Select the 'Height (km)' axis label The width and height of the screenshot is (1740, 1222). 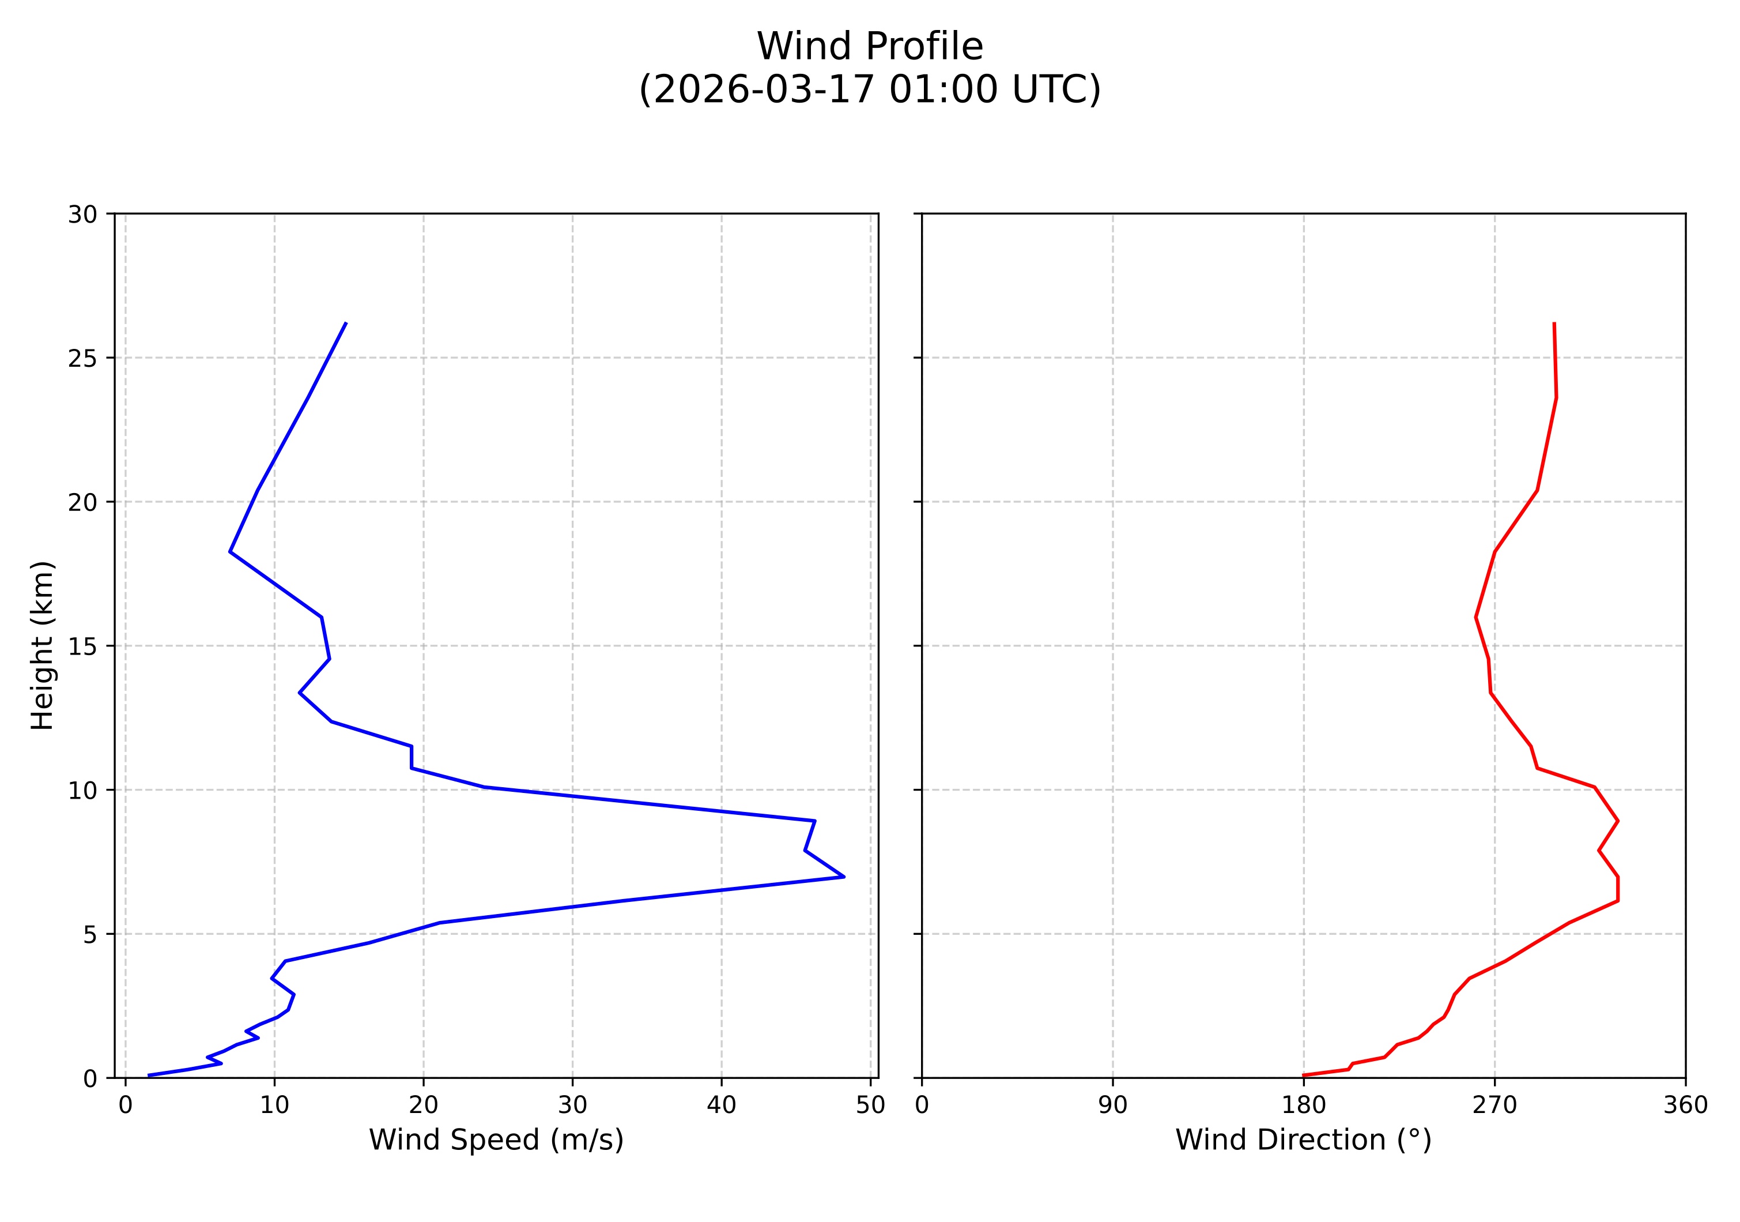pyautogui.click(x=43, y=645)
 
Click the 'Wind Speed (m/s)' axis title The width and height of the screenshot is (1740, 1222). pyautogui.click(x=496, y=1140)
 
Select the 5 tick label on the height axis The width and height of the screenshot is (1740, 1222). pyautogui.click(x=90, y=935)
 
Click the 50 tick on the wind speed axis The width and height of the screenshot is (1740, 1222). pyautogui.click(x=870, y=1106)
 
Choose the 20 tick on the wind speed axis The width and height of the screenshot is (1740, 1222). pyautogui.click(x=423, y=1106)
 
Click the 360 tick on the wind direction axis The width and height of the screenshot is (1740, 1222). pyautogui.click(x=1685, y=1106)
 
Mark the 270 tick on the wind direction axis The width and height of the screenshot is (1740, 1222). pyautogui.click(x=1494, y=1106)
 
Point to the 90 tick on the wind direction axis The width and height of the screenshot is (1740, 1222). pyautogui.click(x=1112, y=1106)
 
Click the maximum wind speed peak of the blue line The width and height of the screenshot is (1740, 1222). pyautogui.click(x=843, y=877)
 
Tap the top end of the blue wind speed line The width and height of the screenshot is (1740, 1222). pyautogui.click(x=346, y=323)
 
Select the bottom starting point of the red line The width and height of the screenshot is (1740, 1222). pyautogui.click(x=1304, y=1075)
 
